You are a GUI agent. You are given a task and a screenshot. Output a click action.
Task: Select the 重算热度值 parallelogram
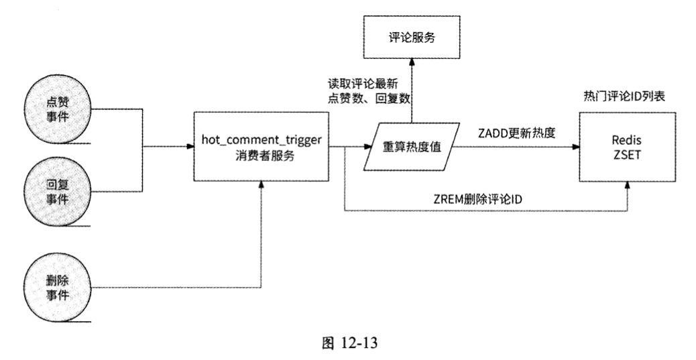[x=410, y=147]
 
